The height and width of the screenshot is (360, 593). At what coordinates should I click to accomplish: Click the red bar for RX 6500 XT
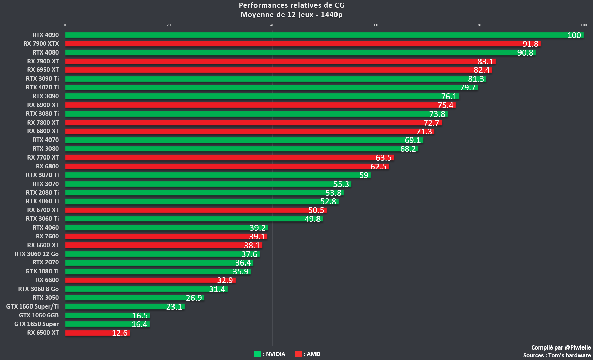pos(88,333)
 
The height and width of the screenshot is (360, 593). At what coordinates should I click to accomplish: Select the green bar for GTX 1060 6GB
pos(98,316)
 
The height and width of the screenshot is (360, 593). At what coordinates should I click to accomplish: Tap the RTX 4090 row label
pos(45,35)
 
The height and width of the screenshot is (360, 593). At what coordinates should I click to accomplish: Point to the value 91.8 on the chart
pos(530,44)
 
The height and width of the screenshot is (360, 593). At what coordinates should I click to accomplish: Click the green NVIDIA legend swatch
pos(258,354)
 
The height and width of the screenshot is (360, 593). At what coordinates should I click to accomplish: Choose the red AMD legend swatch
pos(298,354)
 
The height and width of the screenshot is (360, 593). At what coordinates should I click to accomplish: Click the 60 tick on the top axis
pos(376,25)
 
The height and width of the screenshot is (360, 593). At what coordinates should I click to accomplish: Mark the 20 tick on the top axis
pos(169,25)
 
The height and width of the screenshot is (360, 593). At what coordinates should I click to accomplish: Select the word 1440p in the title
pos(331,15)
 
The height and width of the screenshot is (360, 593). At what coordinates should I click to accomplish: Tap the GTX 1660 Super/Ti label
pos(33,306)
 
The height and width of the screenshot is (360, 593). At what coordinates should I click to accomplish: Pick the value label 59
pos(364,175)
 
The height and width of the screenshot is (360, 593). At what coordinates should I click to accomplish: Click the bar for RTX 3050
pos(125,298)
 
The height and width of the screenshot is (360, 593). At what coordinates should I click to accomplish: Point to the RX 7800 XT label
pos(43,123)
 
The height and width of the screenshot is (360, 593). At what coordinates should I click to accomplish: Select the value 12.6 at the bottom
pos(120,333)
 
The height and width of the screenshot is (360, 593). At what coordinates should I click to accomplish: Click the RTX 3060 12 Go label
pos(37,254)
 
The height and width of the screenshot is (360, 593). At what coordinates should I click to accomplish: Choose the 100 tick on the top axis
pos(584,25)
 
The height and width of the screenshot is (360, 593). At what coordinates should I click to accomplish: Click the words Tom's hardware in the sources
pos(569,355)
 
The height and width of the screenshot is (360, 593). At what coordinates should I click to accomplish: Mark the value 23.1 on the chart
pos(174,307)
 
